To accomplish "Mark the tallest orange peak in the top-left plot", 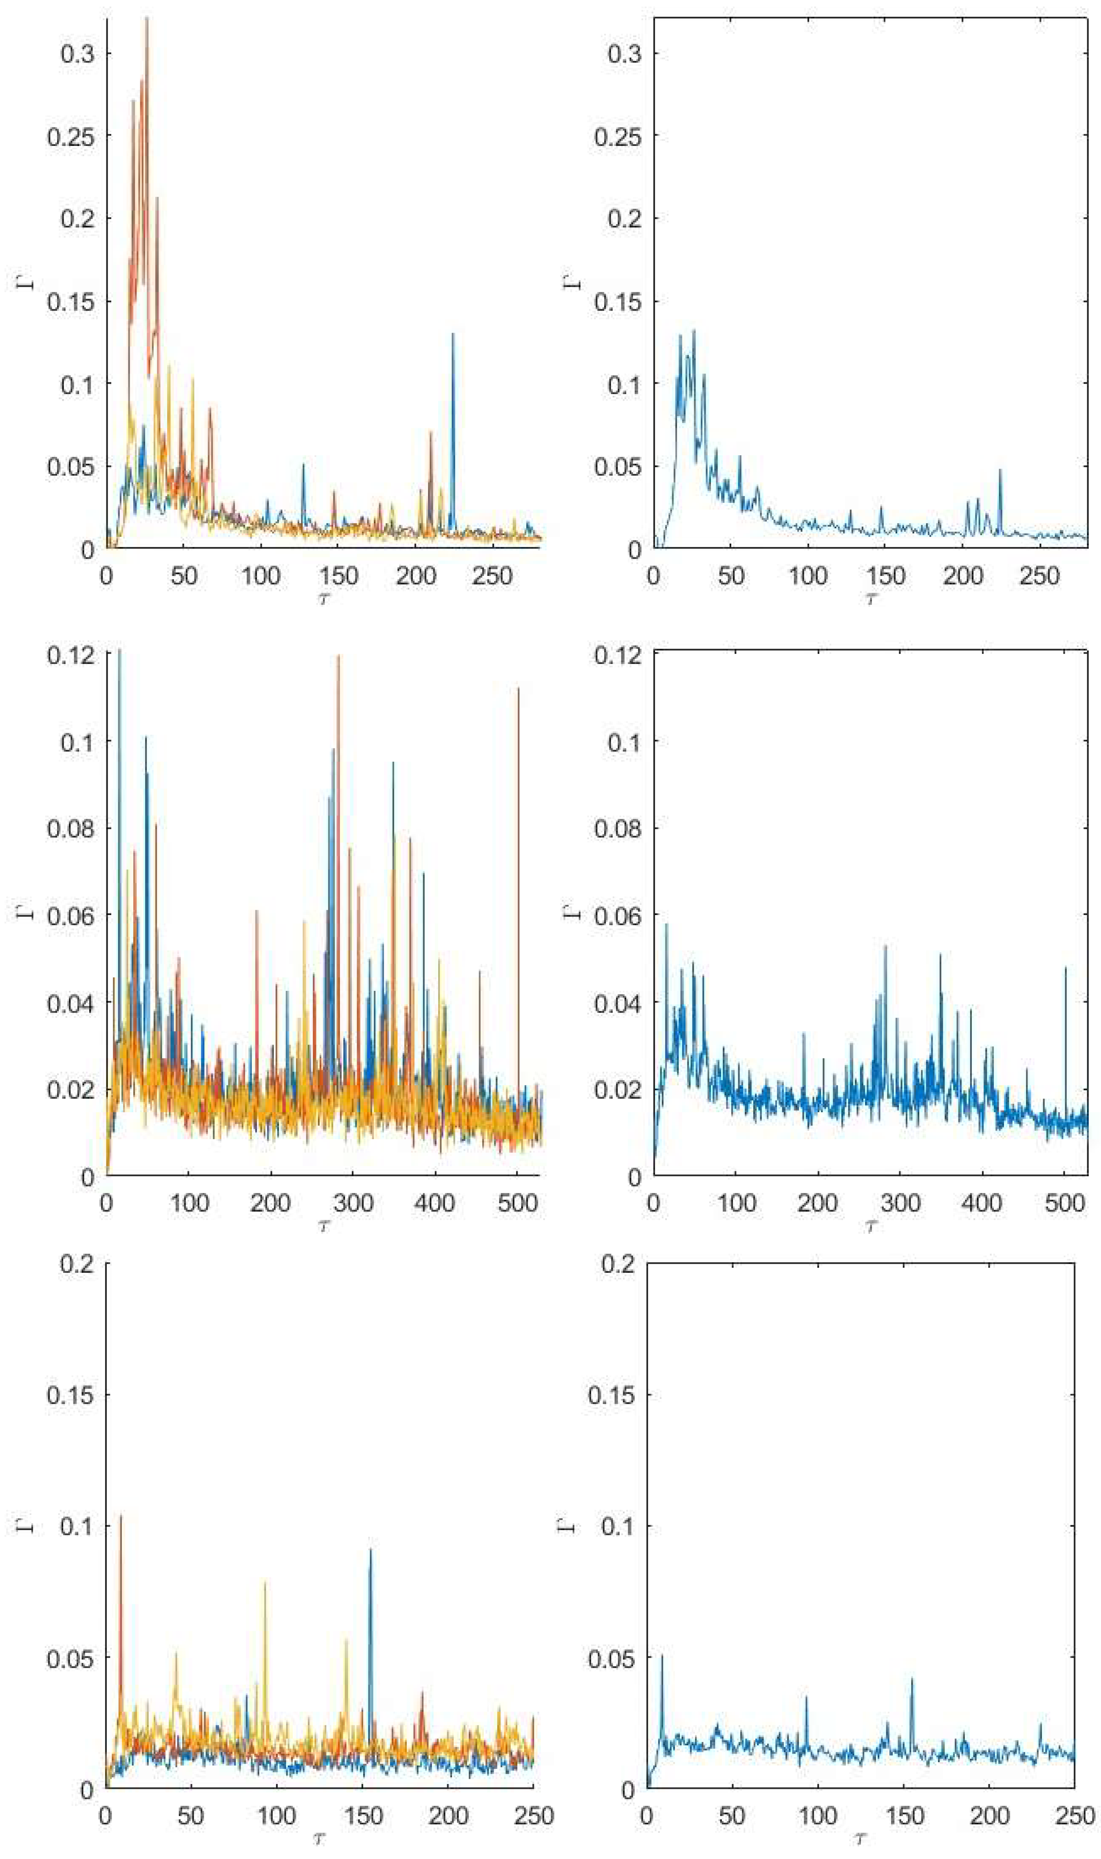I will (147, 19).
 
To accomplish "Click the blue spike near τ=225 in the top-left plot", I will (452, 335).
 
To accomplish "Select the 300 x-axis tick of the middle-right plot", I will (900, 1202).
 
